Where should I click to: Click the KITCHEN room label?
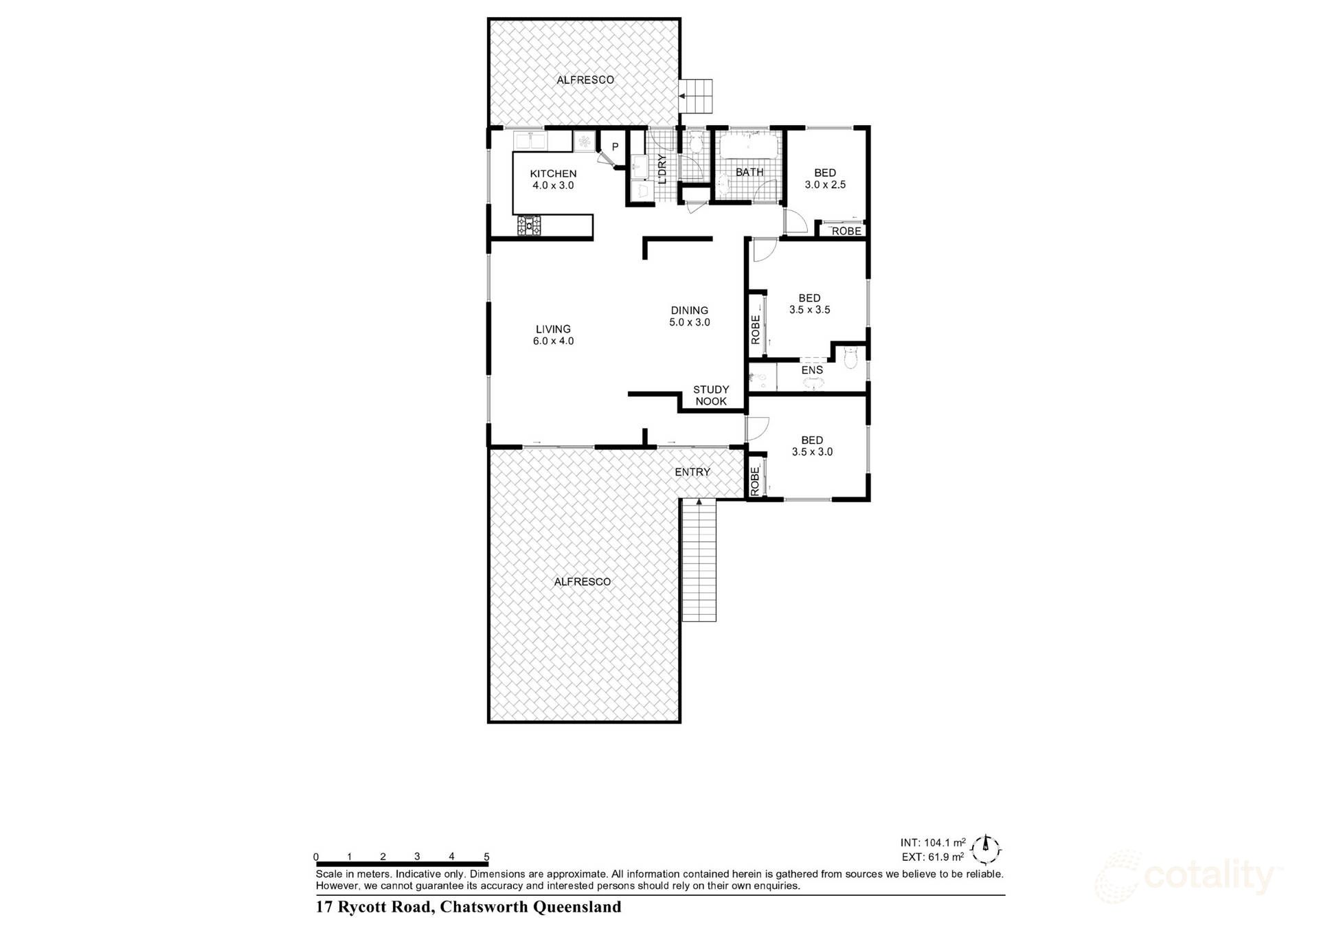[x=553, y=174]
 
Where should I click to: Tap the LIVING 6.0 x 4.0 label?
[x=553, y=335]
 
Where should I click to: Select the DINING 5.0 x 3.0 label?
[x=689, y=316]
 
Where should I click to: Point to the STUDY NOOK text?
[x=710, y=395]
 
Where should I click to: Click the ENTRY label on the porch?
[x=692, y=472]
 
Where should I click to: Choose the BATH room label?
[x=749, y=172]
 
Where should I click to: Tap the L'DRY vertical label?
[x=662, y=169]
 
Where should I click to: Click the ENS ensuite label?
[x=812, y=370]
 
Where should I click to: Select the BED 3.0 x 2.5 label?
[x=825, y=179]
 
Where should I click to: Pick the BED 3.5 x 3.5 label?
[x=809, y=304]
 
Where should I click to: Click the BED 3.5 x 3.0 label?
[x=812, y=446]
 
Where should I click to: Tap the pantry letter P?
[x=615, y=147]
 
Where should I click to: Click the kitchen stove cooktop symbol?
[x=529, y=225]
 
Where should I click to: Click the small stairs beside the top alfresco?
[x=697, y=97]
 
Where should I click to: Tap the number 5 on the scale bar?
[x=486, y=857]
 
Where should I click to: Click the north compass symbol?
[x=987, y=850]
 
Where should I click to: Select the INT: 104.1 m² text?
[x=932, y=842]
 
